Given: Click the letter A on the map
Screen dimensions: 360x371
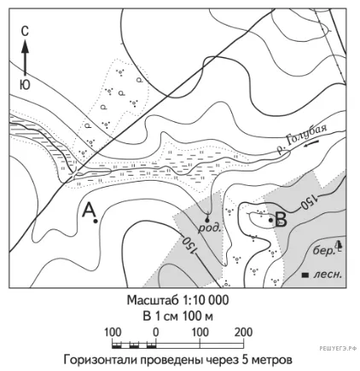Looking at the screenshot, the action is click(89, 210).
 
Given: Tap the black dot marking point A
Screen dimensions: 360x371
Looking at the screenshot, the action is click(96, 221).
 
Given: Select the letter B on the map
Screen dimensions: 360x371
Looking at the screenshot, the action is click(281, 220).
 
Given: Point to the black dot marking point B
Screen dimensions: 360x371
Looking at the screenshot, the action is click(270, 220).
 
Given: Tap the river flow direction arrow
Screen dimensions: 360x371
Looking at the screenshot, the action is click(311, 144).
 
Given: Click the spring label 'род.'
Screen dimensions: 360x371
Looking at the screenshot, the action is click(210, 228).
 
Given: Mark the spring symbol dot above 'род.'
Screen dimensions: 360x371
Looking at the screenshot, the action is click(206, 220).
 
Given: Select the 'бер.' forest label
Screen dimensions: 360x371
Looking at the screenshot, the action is click(322, 251).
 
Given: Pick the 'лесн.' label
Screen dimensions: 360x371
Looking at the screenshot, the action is click(328, 275).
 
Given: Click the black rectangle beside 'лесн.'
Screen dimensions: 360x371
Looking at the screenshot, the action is click(305, 275).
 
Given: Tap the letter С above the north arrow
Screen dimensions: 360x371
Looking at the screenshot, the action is click(25, 32).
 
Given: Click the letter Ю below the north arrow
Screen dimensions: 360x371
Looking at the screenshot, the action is click(25, 84).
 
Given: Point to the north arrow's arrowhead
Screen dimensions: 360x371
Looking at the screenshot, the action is click(26, 46).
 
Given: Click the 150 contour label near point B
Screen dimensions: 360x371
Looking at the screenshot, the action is click(308, 201).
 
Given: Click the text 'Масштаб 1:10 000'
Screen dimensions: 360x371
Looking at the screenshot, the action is click(177, 300).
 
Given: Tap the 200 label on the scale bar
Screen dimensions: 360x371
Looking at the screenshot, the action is click(243, 332).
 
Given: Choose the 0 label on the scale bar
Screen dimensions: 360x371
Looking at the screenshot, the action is click(155, 332).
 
